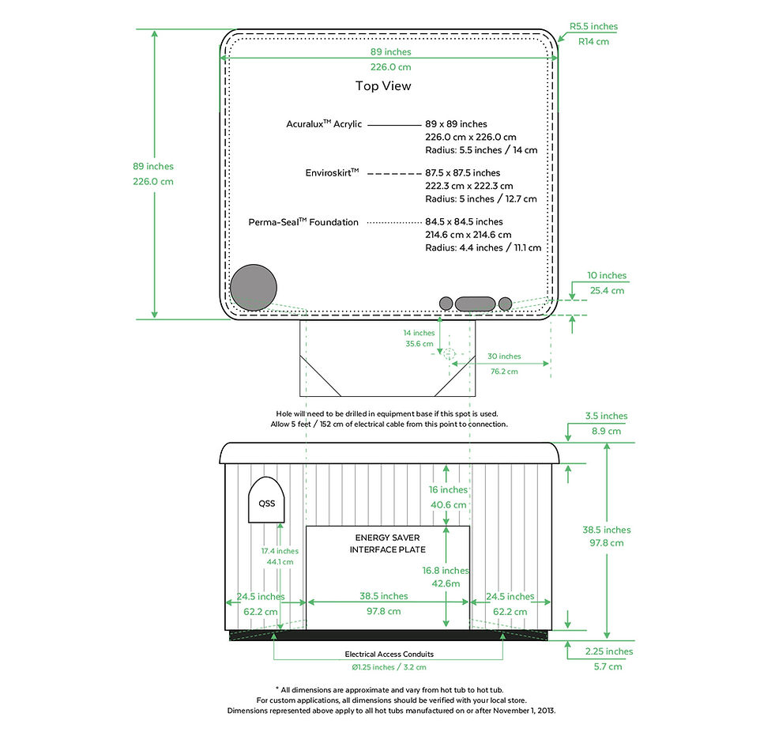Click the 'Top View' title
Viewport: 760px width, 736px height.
click(383, 86)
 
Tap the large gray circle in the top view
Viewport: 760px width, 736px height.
click(254, 288)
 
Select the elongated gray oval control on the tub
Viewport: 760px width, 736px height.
click(475, 304)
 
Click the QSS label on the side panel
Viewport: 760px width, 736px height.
click(266, 504)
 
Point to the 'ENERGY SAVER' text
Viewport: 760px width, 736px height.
click(387, 538)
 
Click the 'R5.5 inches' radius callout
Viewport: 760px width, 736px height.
click(593, 26)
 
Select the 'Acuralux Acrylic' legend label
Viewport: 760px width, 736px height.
click(324, 123)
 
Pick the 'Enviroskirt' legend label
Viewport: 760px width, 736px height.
click(332, 172)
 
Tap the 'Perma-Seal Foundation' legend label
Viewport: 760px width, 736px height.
click(303, 221)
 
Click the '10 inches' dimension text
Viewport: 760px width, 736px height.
click(607, 275)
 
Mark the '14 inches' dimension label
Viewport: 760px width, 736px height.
click(419, 333)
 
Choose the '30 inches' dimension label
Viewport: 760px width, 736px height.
click(504, 356)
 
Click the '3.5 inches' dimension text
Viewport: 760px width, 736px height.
click(606, 416)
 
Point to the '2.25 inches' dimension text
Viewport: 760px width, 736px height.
click(609, 651)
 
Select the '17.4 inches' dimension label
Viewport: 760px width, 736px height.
click(280, 551)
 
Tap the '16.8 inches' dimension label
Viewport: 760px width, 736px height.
click(446, 571)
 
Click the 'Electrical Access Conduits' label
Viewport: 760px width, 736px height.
click(389, 654)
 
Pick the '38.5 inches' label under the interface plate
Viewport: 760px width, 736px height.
click(383, 596)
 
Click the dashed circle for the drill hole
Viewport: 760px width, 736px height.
click(449, 353)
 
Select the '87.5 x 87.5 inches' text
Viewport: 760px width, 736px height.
click(462, 172)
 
